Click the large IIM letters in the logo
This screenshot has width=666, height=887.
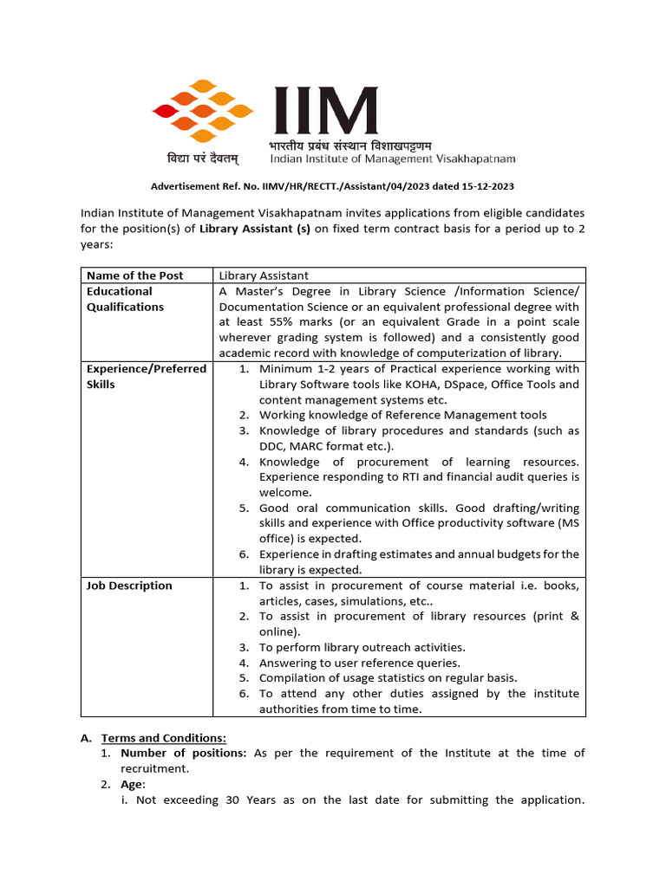[326, 110]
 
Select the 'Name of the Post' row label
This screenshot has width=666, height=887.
[134, 275]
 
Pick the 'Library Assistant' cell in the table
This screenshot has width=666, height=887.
[264, 275]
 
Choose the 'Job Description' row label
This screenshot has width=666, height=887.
[129, 586]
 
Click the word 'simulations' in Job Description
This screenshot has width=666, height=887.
[405, 601]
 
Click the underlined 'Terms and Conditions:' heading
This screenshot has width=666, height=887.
[164, 738]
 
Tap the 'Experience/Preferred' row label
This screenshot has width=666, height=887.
[147, 368]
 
